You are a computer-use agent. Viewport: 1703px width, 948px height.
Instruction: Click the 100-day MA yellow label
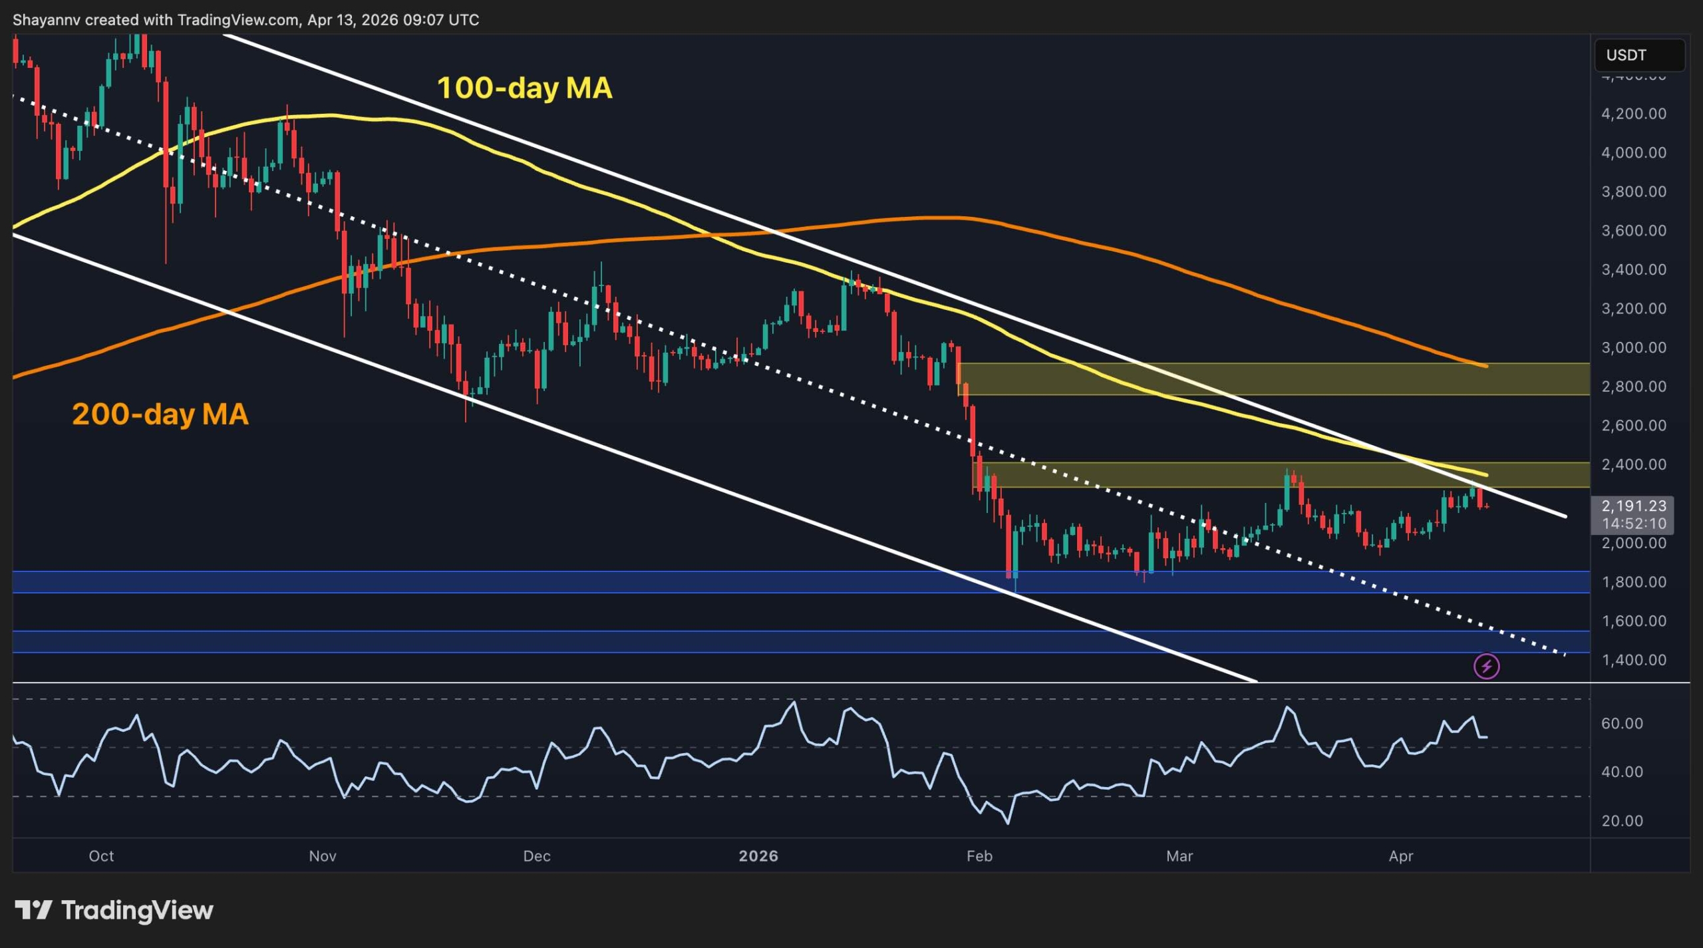(x=524, y=88)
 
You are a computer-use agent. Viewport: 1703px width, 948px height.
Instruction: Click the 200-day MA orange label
(x=160, y=414)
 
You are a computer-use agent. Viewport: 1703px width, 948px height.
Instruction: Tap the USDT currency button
(x=1638, y=55)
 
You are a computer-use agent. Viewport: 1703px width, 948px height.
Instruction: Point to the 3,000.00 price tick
(x=1633, y=347)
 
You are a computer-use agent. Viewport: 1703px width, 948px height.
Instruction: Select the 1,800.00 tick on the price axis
(x=1633, y=582)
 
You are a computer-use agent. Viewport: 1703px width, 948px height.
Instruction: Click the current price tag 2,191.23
(x=1633, y=506)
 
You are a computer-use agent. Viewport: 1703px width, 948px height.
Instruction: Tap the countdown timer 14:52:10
(x=1633, y=524)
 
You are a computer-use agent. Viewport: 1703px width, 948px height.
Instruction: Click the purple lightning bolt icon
(x=1486, y=666)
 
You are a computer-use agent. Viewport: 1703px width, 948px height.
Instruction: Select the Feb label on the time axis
(x=979, y=856)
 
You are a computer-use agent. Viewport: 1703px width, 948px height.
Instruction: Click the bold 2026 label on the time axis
(x=758, y=856)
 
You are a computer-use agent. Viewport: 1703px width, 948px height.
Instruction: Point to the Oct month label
(x=101, y=856)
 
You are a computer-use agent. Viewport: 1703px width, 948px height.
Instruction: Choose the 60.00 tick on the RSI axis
(x=1622, y=723)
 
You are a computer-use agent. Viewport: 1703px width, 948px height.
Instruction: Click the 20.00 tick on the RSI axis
(x=1622, y=821)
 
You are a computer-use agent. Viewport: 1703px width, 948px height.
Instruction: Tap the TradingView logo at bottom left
(x=114, y=910)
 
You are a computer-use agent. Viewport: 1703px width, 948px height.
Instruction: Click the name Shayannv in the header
(x=47, y=20)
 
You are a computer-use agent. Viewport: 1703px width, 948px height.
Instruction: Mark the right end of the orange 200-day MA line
(x=1486, y=366)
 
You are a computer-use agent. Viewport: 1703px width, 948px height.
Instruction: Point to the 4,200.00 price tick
(x=1633, y=114)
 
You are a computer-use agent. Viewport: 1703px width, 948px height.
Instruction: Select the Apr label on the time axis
(x=1400, y=856)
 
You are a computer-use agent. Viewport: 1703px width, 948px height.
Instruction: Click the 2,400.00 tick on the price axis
(x=1633, y=464)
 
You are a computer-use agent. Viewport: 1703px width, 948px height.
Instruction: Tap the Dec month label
(x=536, y=856)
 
